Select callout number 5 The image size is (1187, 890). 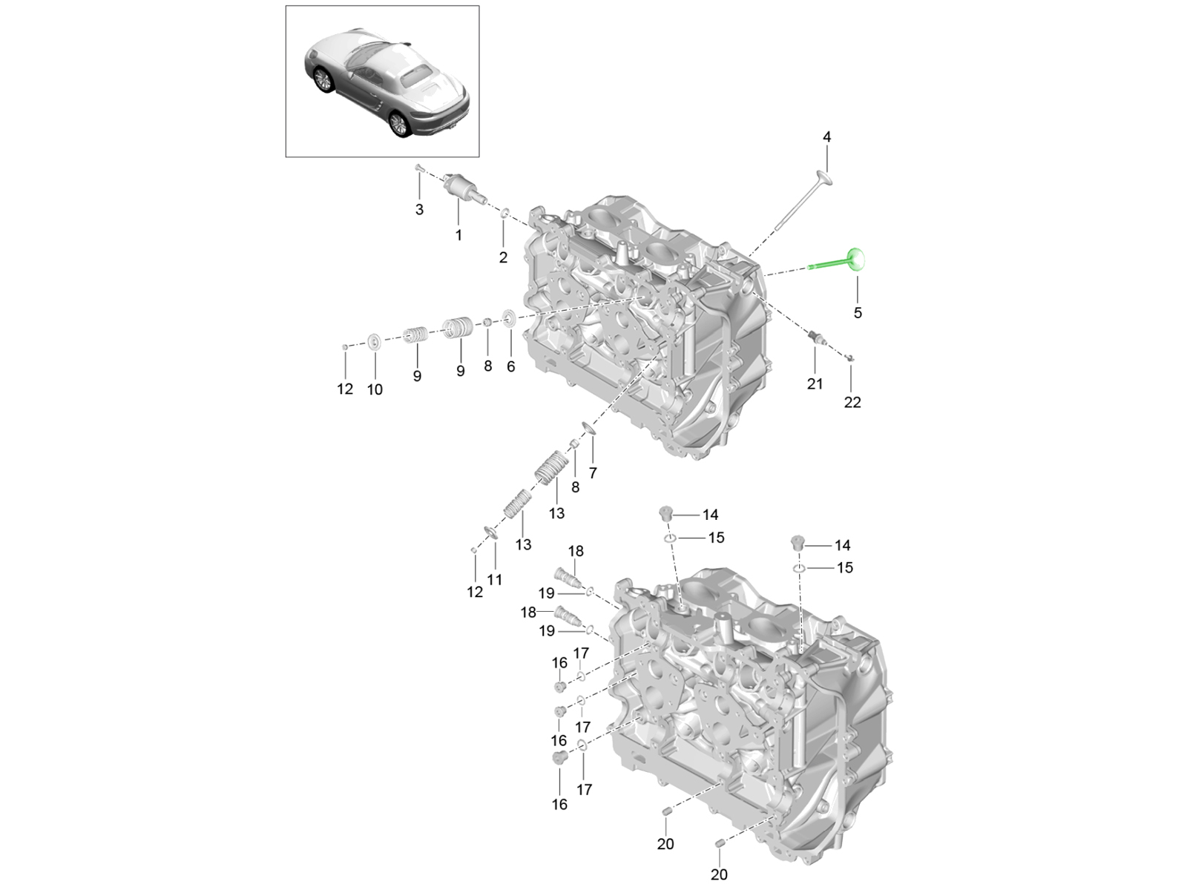pyautogui.click(x=858, y=313)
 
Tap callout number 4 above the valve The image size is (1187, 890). pyautogui.click(x=827, y=137)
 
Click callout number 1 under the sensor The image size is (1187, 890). pyautogui.click(x=458, y=236)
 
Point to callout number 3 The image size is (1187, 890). pyautogui.click(x=419, y=210)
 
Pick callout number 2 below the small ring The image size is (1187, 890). pyautogui.click(x=503, y=258)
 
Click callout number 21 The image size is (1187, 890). pyautogui.click(x=815, y=384)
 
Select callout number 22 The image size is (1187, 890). pyautogui.click(x=852, y=403)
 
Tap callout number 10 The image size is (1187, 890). pyautogui.click(x=375, y=389)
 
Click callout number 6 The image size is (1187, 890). pyautogui.click(x=511, y=367)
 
